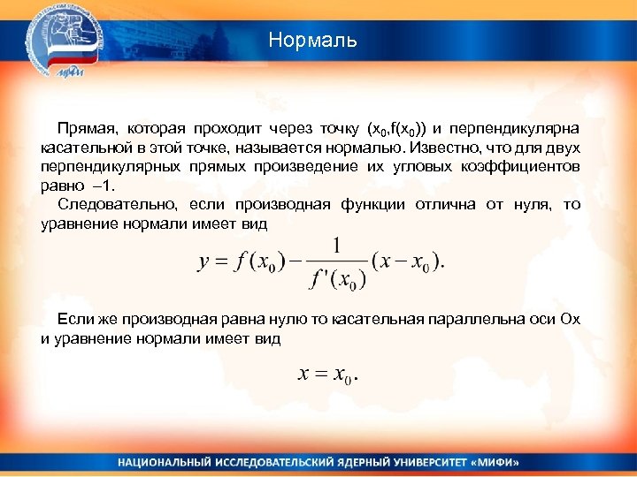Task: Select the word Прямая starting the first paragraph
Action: click(x=82, y=131)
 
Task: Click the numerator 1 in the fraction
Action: click(x=337, y=245)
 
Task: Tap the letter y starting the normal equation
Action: click(x=203, y=263)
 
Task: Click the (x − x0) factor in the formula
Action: click(x=407, y=263)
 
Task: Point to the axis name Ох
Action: click(x=570, y=319)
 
